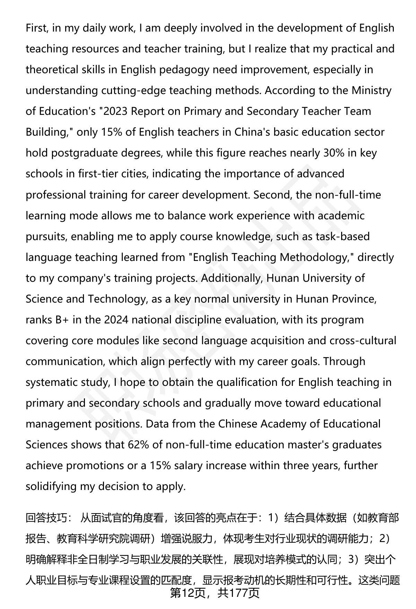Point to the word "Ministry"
(371, 91)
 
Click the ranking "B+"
(62, 320)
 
